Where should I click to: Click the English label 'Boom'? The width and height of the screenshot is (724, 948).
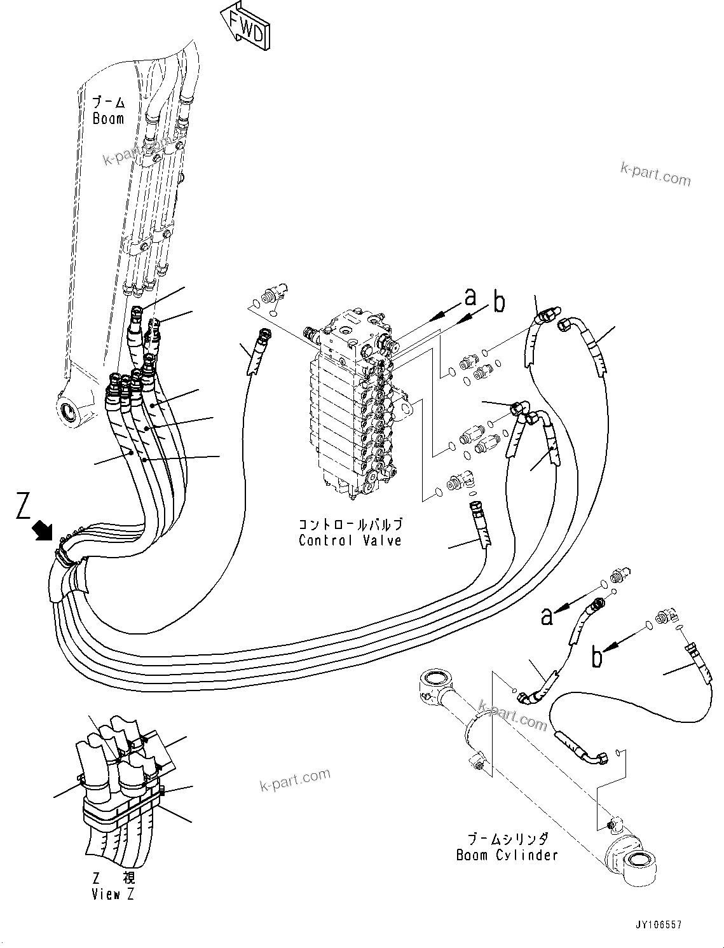click(108, 118)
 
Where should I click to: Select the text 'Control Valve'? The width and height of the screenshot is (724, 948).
click(350, 540)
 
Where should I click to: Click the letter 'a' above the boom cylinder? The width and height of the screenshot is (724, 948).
click(547, 615)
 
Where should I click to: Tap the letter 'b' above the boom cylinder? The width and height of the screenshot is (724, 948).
click(596, 657)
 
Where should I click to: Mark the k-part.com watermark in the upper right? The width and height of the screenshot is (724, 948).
click(655, 174)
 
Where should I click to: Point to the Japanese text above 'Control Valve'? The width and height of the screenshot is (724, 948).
click(350, 525)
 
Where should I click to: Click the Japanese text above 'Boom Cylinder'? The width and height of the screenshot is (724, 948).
click(507, 839)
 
